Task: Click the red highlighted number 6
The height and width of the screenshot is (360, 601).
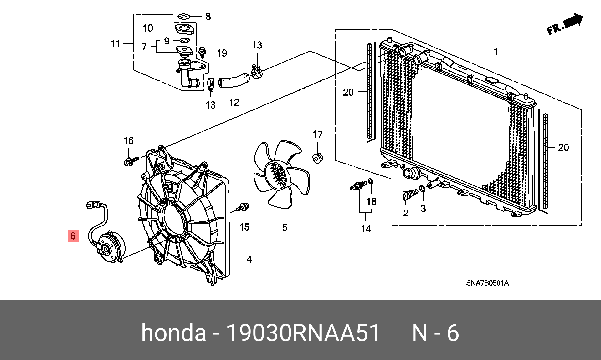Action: tap(73, 236)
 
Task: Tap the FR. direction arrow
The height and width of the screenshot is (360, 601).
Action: tap(565, 25)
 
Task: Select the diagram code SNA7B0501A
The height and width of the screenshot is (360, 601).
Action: tap(487, 283)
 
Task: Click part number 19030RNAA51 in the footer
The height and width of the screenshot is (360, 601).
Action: tap(303, 333)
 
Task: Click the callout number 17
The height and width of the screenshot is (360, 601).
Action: tap(317, 134)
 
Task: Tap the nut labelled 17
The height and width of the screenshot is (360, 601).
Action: tap(318, 158)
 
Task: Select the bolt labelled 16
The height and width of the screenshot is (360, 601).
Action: tap(131, 161)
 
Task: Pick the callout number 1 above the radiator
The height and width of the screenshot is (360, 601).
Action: tap(496, 52)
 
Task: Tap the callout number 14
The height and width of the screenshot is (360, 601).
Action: tap(366, 229)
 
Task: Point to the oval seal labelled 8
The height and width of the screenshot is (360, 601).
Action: tap(184, 16)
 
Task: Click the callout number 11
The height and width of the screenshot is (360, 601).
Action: tap(115, 44)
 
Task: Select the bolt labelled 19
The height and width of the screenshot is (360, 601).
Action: tap(203, 52)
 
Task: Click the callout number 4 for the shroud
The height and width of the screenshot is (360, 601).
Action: tap(249, 259)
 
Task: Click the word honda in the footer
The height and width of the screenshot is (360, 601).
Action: tap(173, 333)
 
